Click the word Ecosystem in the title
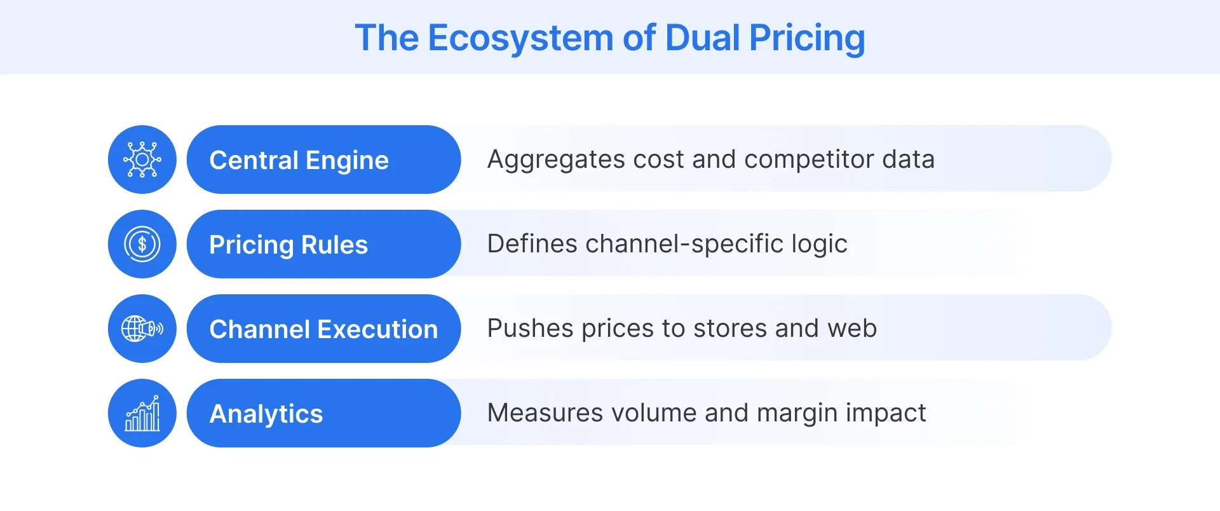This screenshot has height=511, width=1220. click(521, 38)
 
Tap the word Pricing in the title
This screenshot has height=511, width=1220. click(807, 38)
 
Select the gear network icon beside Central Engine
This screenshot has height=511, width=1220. click(142, 160)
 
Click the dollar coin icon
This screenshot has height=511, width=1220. click(142, 244)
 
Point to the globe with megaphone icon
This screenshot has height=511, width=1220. click(142, 329)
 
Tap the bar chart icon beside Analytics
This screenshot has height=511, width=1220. click(142, 413)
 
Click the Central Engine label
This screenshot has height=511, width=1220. click(299, 160)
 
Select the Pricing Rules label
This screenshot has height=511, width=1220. click(288, 245)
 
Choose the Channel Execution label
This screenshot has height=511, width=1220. click(323, 329)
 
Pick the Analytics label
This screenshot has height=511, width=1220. click(266, 414)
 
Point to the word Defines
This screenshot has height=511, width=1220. click(532, 244)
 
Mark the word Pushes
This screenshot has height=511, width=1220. click(530, 329)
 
